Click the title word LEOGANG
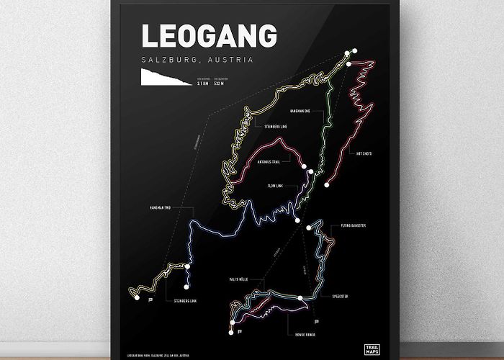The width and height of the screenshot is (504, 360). (x=209, y=37)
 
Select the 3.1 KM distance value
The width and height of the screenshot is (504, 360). (x=203, y=84)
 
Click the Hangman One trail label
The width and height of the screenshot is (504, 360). (x=300, y=112)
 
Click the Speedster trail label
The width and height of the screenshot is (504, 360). (x=340, y=296)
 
